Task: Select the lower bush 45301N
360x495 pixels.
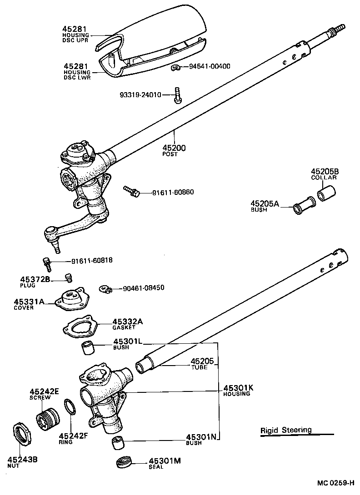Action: point(118,442)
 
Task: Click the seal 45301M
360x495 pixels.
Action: point(124,463)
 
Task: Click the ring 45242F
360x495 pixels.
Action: point(69,407)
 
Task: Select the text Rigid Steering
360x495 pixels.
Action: point(286,430)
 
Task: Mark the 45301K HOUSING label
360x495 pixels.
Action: point(237,390)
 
